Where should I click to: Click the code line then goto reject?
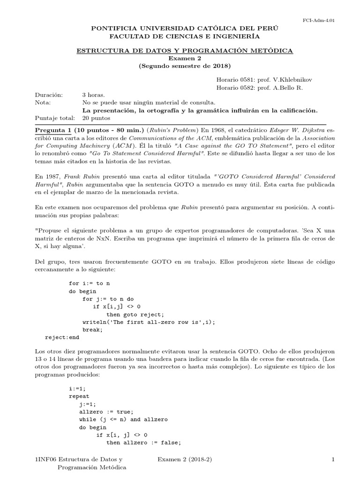point(135,314)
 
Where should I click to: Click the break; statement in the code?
point(92,329)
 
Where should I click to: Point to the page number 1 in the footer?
point(332,460)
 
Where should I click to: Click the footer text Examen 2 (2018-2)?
point(184,460)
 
